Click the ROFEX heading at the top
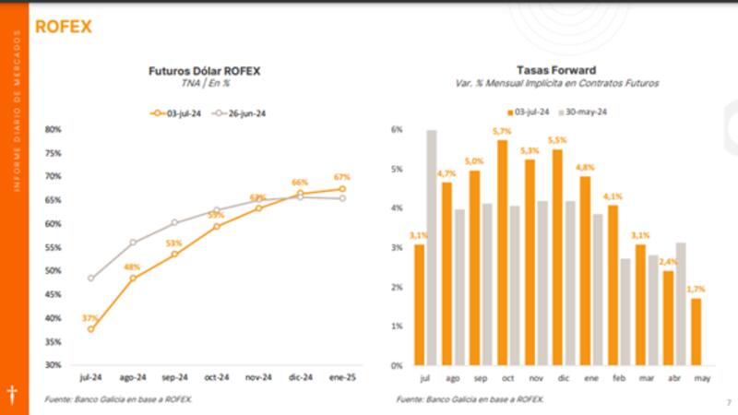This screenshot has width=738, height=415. point(63,27)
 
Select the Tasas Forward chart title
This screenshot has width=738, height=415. point(555,70)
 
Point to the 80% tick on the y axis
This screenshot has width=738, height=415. point(53,129)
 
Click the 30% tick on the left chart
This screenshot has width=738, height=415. point(53,365)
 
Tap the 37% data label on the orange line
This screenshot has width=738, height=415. point(89,318)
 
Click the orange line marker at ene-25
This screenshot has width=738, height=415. point(342,189)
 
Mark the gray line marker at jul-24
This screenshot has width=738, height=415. point(90,278)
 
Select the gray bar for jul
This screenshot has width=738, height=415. point(432,247)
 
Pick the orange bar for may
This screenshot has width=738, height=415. point(696,331)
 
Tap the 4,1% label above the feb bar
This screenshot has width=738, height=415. point(613,196)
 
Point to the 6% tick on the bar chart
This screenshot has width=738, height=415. point(399,130)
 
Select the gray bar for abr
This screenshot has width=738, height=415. point(681,303)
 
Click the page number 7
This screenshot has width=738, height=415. point(728,402)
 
